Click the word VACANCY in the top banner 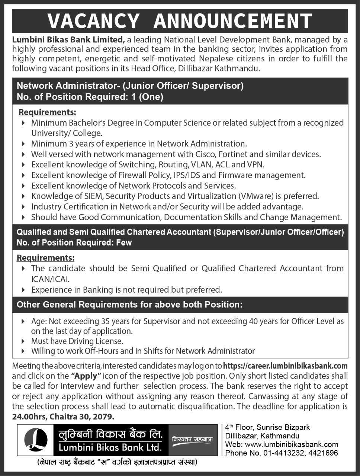pyautogui.click(x=93, y=21)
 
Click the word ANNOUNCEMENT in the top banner pyautogui.click(x=233, y=21)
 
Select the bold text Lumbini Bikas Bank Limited pyautogui.click(x=68, y=39)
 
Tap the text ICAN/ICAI pyautogui.click(x=50, y=279)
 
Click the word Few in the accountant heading pyautogui.click(x=123, y=242)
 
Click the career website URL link pyautogui.click(x=285, y=366)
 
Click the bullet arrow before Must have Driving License pyautogui.click(x=23, y=341)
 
